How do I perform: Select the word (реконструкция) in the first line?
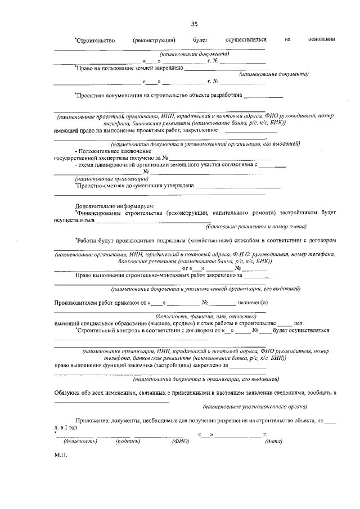[x=154, y=40]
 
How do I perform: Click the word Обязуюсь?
[x=69, y=391]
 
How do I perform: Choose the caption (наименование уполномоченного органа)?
[x=254, y=406]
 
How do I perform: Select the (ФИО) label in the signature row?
[x=180, y=442]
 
